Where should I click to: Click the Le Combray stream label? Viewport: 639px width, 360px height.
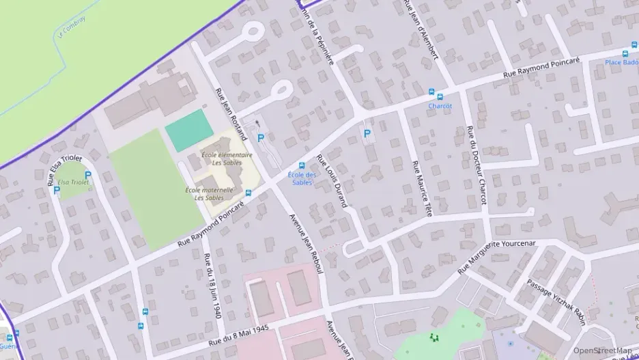pos(72,29)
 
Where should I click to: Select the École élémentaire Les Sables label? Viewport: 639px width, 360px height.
pos(227,158)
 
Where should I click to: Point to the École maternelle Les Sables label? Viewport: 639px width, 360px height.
pos(210,193)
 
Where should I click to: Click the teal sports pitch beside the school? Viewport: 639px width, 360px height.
pos(189,130)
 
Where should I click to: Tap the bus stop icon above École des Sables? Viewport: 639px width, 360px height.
pos(302,165)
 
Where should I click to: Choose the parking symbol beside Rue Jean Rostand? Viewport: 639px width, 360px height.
pos(260,138)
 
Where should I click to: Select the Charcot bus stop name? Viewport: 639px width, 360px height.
pos(440,106)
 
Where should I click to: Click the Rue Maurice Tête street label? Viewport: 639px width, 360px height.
pos(422,189)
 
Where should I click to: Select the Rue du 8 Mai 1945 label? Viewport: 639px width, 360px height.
pos(239,333)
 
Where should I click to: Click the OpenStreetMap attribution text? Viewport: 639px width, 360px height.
pos(601,351)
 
